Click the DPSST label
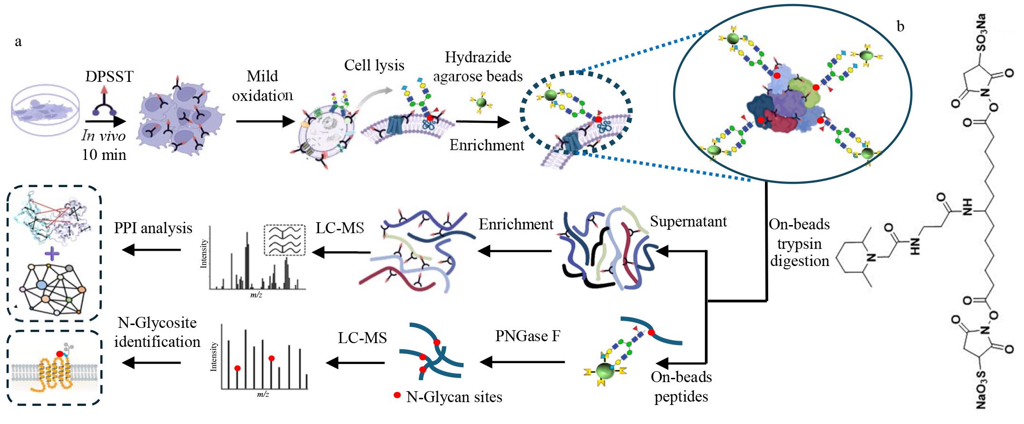[x=110, y=77]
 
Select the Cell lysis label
[x=374, y=65]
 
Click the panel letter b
[x=900, y=27]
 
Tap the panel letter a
[x=18, y=42]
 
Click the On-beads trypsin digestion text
[x=800, y=242]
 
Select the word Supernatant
[x=688, y=221]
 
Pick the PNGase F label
[x=528, y=336]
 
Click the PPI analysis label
[x=153, y=228]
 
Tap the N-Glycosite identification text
[x=157, y=332]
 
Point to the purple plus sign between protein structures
[x=51, y=255]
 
